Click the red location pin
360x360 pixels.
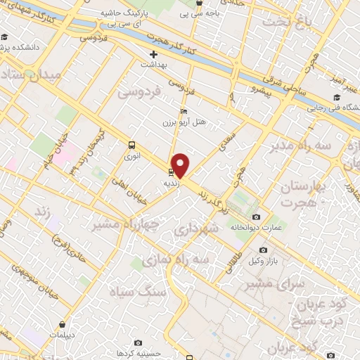(x=181, y=166)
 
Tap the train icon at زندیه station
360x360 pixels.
(x=171, y=172)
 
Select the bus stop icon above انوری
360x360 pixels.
(x=132, y=145)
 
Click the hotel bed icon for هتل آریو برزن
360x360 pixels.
(x=184, y=112)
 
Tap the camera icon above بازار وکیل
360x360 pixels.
(x=263, y=250)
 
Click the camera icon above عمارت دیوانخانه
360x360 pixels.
(x=256, y=217)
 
